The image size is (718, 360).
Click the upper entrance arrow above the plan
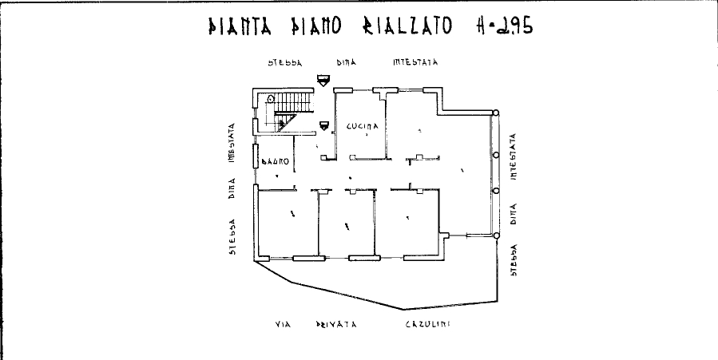(323, 79)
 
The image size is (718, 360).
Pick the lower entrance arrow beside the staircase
(323, 125)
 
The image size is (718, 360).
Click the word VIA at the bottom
(281, 325)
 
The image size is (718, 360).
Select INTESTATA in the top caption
(415, 61)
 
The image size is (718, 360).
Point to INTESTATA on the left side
(232, 143)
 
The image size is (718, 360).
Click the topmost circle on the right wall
(496, 113)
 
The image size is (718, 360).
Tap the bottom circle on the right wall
(496, 235)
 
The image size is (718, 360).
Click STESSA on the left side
(232, 239)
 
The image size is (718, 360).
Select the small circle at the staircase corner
(271, 98)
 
